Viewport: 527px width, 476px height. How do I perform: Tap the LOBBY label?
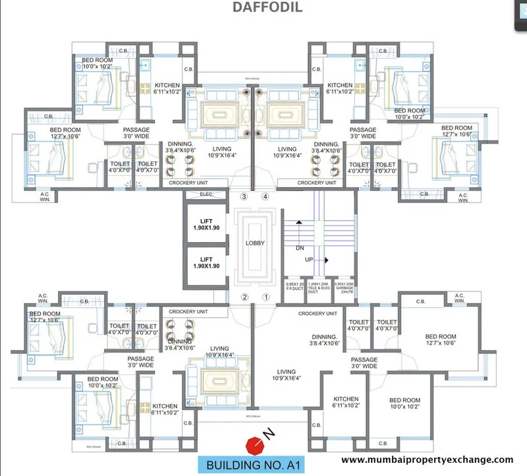(255, 243)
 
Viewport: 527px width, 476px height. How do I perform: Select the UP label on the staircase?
(308, 260)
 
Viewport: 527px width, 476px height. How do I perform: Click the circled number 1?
(266, 297)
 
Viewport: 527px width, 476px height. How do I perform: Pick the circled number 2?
(244, 297)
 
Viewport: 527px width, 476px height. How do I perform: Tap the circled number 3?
(244, 196)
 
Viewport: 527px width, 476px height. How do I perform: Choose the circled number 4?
(265, 196)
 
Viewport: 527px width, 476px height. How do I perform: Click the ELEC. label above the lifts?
(206, 194)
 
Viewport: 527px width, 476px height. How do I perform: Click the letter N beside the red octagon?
(268, 433)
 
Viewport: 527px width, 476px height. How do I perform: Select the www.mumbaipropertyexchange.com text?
(428, 460)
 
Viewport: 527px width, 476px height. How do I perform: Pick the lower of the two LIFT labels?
(206, 262)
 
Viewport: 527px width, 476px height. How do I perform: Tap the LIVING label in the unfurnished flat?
(287, 374)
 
